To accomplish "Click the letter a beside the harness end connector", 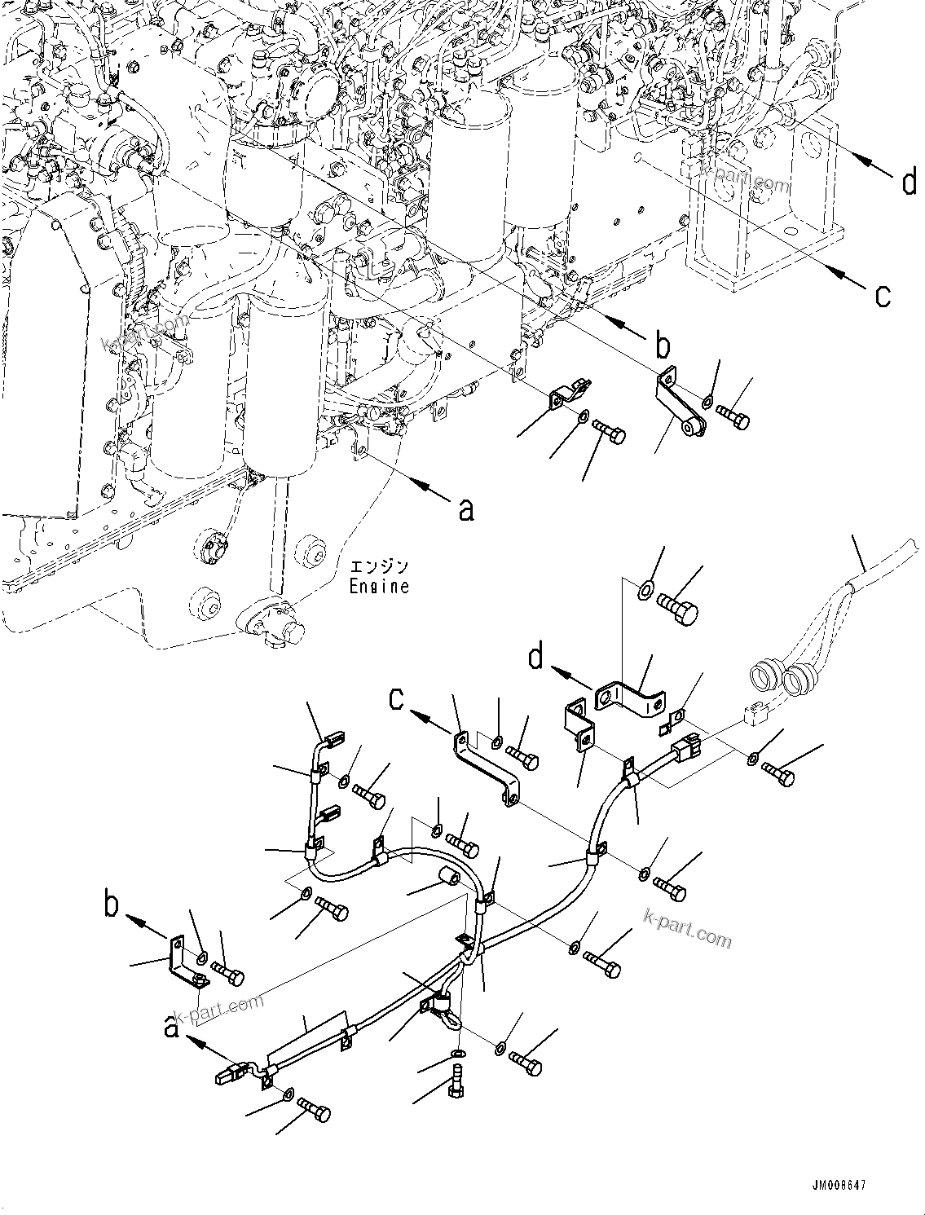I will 172,1028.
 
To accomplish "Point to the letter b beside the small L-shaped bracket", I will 113,906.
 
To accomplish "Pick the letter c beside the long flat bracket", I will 396,699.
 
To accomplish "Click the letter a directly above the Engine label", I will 465,509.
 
